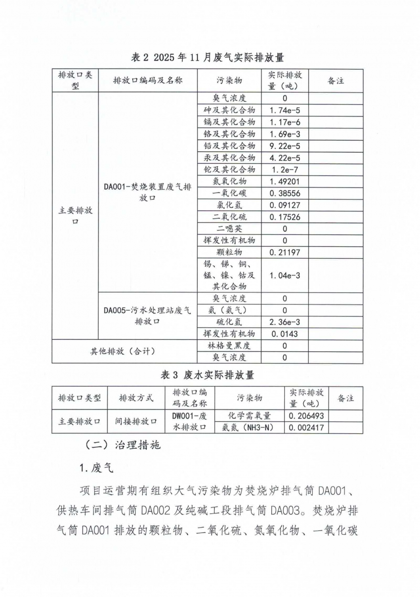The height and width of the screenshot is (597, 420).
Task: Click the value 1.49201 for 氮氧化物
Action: (x=285, y=182)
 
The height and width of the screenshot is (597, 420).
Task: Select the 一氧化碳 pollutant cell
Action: (x=229, y=194)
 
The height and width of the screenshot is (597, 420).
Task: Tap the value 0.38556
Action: (x=285, y=194)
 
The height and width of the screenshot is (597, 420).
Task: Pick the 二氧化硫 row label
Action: (x=229, y=217)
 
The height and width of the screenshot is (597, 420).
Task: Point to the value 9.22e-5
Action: (x=285, y=146)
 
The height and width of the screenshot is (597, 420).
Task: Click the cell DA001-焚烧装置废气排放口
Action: (x=148, y=193)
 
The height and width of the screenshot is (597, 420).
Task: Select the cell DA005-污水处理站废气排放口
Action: (x=148, y=316)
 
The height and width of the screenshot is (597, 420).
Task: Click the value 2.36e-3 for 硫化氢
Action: (x=285, y=322)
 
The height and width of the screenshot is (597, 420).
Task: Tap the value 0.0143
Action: (x=285, y=334)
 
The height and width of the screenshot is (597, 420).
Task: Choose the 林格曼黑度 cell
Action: (x=229, y=346)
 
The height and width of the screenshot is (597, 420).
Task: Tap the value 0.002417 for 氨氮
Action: (x=306, y=427)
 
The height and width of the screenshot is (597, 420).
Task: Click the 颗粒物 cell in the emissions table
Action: (x=229, y=253)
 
